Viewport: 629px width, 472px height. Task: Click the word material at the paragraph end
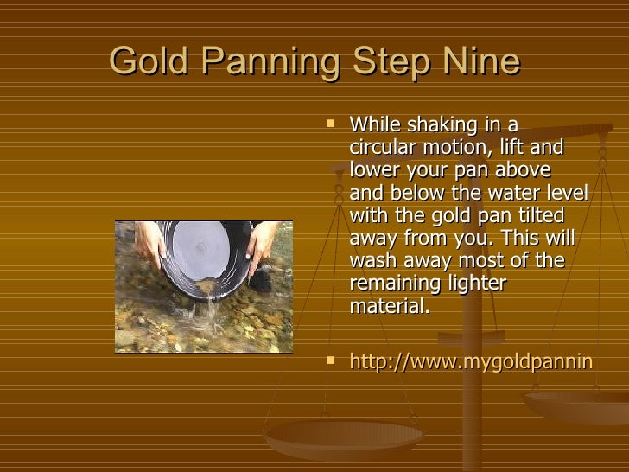pos(388,306)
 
